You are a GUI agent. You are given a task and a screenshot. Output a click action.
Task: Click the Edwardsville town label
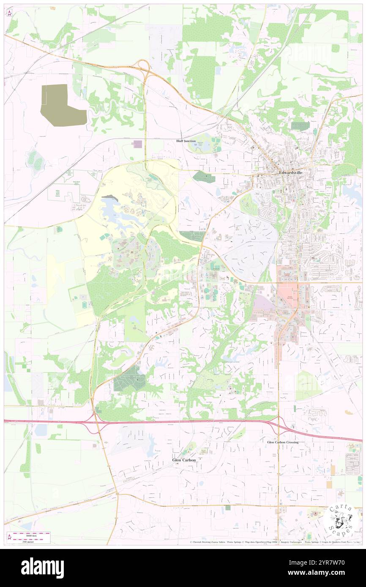click(290, 173)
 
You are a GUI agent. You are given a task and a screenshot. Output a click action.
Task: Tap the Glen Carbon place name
click(184, 459)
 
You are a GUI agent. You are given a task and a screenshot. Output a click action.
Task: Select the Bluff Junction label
click(186, 141)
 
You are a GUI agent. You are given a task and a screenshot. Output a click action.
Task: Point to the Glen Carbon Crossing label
click(283, 442)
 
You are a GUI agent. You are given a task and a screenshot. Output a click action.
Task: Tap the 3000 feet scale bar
click(29, 533)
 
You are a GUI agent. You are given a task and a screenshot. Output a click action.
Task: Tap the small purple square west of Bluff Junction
click(137, 144)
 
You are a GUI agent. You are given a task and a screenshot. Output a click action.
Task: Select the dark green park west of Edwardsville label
click(204, 177)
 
